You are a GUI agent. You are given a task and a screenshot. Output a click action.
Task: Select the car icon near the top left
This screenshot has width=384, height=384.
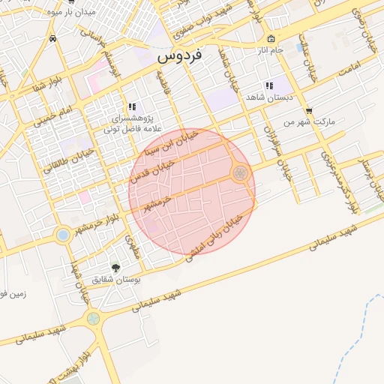coord(52,38)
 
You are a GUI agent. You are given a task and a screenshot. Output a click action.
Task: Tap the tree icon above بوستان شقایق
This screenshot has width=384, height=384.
coord(115,267)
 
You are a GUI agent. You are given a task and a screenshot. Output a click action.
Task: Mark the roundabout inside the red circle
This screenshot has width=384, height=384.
coord(240,174)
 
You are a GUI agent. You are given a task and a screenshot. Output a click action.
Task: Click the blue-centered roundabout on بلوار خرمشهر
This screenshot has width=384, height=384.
coord(62,235)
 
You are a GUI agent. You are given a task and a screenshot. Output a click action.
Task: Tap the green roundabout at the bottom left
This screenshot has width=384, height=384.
coord(93,319)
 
